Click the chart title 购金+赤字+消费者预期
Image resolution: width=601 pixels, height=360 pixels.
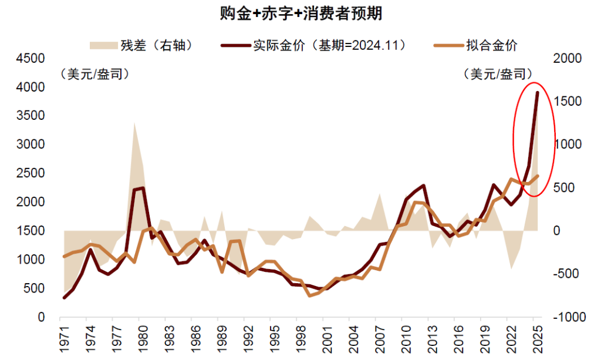(x=300, y=14)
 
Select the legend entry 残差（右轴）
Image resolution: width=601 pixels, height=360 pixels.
(x=141, y=45)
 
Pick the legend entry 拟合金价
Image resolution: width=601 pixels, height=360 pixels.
(x=475, y=45)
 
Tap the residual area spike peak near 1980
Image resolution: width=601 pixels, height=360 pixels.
(x=134, y=122)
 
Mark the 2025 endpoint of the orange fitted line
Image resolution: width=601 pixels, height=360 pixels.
(x=537, y=176)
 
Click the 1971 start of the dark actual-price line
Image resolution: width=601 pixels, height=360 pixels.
(x=64, y=298)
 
